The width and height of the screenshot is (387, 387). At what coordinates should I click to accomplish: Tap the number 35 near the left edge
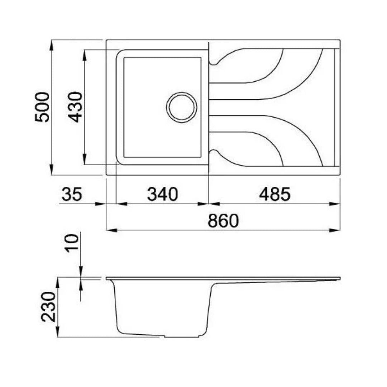pos(72,194)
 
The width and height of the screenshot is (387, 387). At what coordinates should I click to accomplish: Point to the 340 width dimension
pos(162,194)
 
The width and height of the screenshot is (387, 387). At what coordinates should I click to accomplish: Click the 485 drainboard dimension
pos(275,194)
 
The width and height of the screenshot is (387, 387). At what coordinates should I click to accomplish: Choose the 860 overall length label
pos(223,221)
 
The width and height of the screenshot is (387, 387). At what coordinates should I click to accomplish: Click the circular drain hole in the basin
pos(182,107)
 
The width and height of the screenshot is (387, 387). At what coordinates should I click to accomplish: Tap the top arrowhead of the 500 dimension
pos(51,46)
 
